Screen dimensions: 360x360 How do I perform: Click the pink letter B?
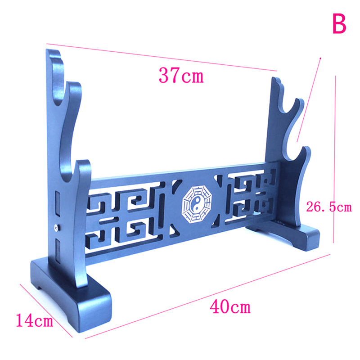coord(339,24)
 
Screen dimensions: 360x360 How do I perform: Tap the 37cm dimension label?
coord(181,75)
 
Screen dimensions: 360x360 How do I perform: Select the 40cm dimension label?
coord(230,307)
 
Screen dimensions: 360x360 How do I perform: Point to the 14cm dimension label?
coord(35,320)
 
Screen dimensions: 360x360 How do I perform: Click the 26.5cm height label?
coord(329,207)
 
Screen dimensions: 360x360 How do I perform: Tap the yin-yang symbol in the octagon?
coord(197,204)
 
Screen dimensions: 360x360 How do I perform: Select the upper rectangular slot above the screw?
coord(58,203)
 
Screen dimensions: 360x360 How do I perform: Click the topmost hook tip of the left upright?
coord(53,50)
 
